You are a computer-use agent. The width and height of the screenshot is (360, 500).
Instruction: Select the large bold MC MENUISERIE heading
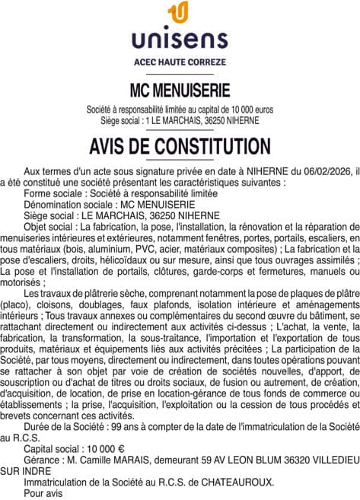[x=180, y=91]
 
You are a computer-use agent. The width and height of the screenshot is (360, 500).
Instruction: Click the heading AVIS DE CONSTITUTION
[x=180, y=146]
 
